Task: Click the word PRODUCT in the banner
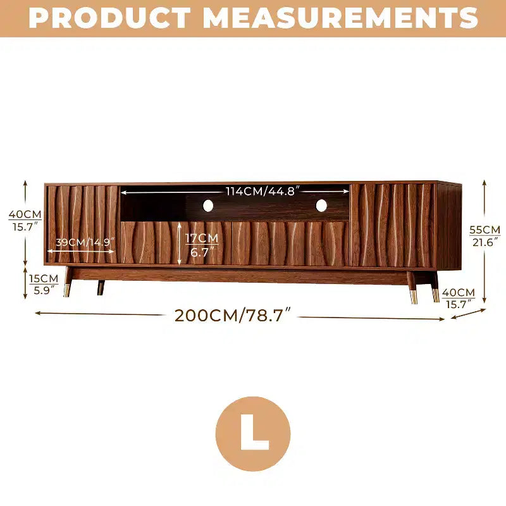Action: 109,18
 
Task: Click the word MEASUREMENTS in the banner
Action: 340,18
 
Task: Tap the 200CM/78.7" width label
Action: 232,315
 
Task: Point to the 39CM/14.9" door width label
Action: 85,242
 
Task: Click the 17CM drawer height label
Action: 202,238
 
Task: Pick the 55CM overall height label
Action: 484,230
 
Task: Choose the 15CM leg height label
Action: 44,278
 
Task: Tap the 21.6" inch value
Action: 485,242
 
